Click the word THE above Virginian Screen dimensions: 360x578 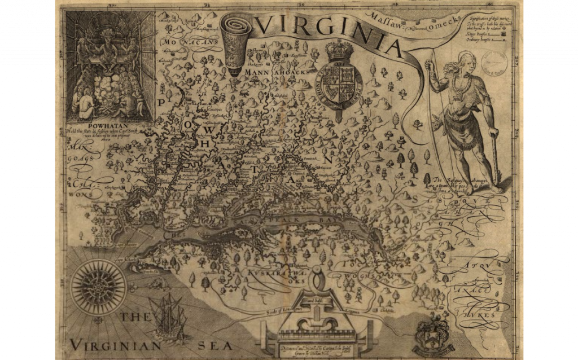coord(135,317)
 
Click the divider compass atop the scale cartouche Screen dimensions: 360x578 coord(317,282)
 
